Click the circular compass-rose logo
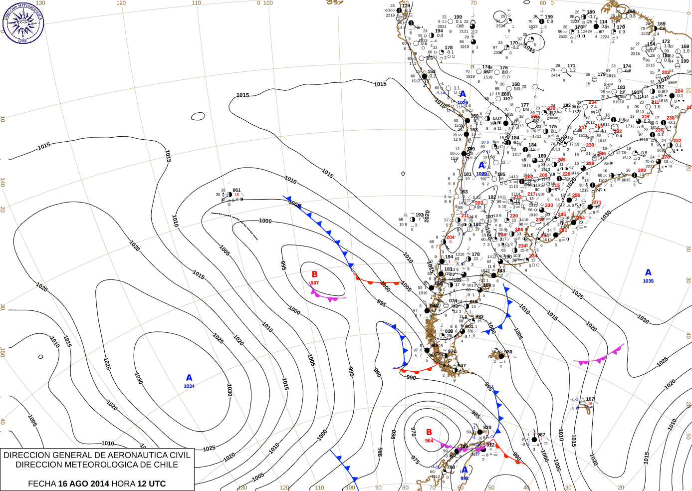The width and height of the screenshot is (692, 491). pyautogui.click(x=23, y=22)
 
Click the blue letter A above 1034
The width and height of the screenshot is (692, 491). pyautogui.click(x=189, y=378)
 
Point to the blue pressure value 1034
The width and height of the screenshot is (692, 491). pyautogui.click(x=189, y=386)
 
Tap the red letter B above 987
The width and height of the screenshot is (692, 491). pyautogui.click(x=315, y=274)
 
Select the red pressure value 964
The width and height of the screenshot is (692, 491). pyautogui.click(x=429, y=441)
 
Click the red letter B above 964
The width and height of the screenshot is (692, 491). pyautogui.click(x=429, y=432)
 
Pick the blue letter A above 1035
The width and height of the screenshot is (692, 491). pyautogui.click(x=648, y=272)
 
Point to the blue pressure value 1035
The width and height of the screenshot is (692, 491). pyautogui.click(x=648, y=281)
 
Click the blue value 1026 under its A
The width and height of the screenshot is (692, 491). pyautogui.click(x=463, y=102)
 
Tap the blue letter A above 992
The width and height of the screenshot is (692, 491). pyautogui.click(x=464, y=470)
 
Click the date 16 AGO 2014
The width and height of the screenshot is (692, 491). pyautogui.click(x=83, y=484)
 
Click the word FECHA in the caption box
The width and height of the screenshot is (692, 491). pyautogui.click(x=42, y=484)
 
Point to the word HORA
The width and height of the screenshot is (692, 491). pyautogui.click(x=123, y=484)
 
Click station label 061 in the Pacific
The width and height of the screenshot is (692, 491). pyautogui.click(x=236, y=190)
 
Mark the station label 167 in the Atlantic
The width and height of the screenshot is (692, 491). pyautogui.click(x=590, y=399)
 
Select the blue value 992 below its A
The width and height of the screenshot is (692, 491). pyautogui.click(x=464, y=478)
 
